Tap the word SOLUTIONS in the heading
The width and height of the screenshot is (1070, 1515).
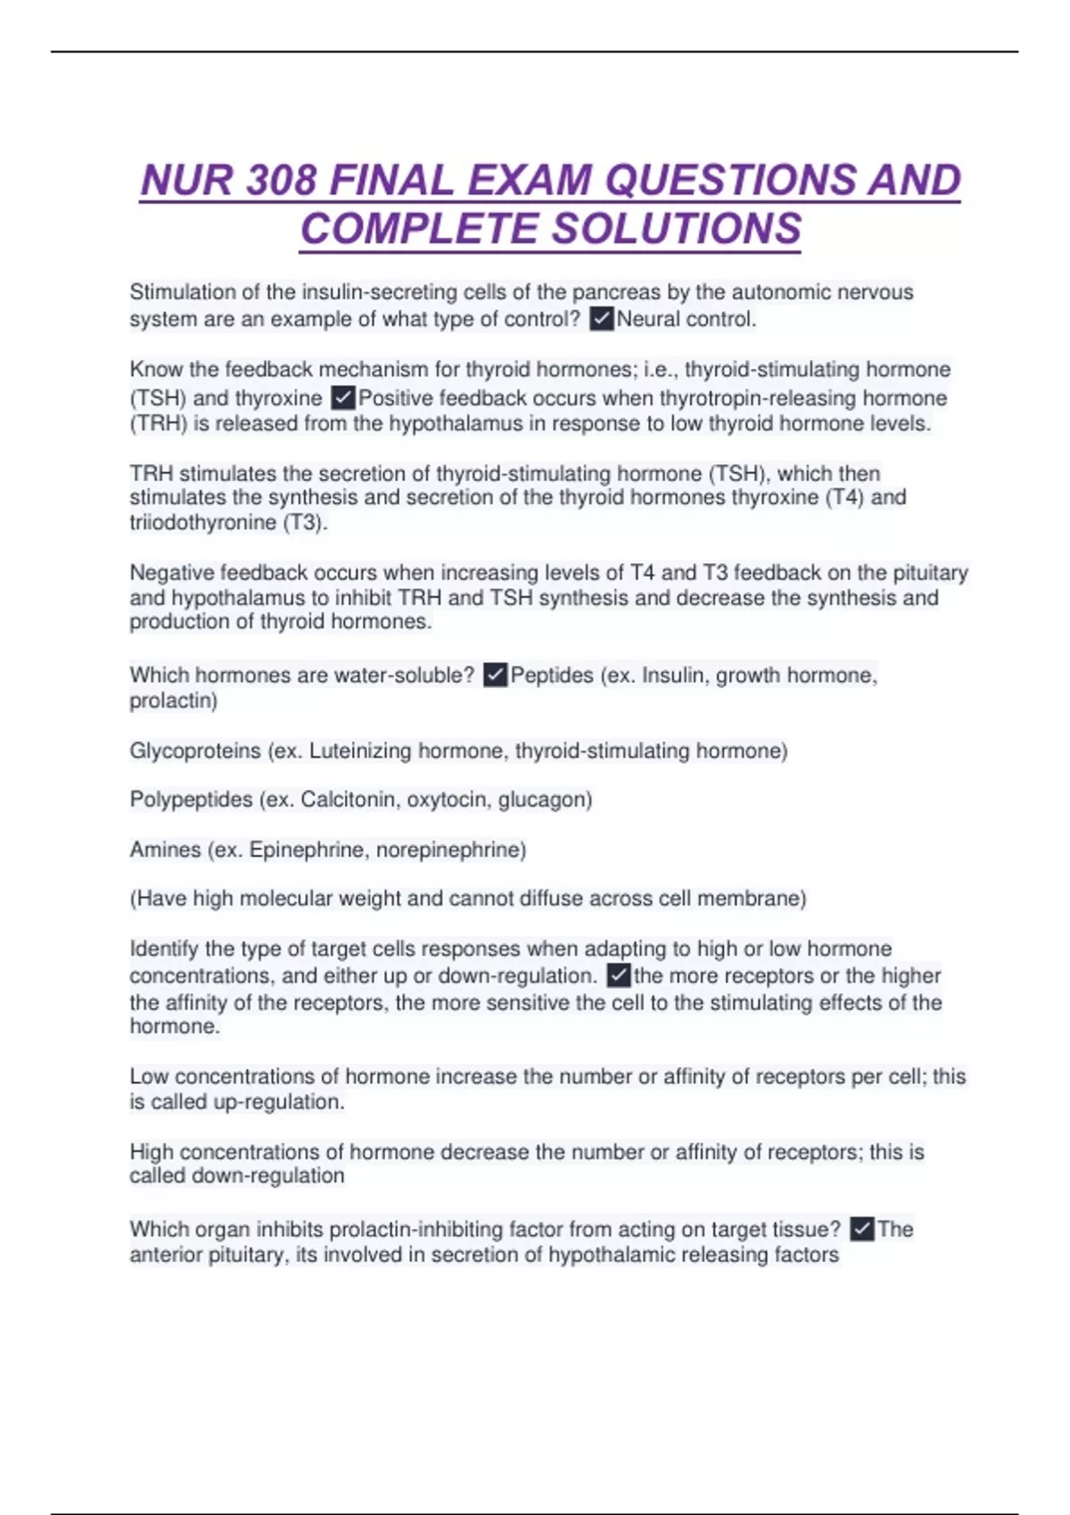[678, 229]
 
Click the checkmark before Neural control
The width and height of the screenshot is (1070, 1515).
[602, 319]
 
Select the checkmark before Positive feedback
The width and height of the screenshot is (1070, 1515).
[343, 397]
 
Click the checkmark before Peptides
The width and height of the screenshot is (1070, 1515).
[495, 676]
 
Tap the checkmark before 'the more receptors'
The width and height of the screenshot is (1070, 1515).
[619, 976]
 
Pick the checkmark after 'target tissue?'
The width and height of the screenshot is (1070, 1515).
[861, 1230]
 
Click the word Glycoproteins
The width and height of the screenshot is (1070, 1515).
[195, 751]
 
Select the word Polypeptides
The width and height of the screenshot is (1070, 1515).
[191, 799]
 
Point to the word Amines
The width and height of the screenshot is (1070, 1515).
[165, 849]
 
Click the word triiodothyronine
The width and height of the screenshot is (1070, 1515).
[202, 522]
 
